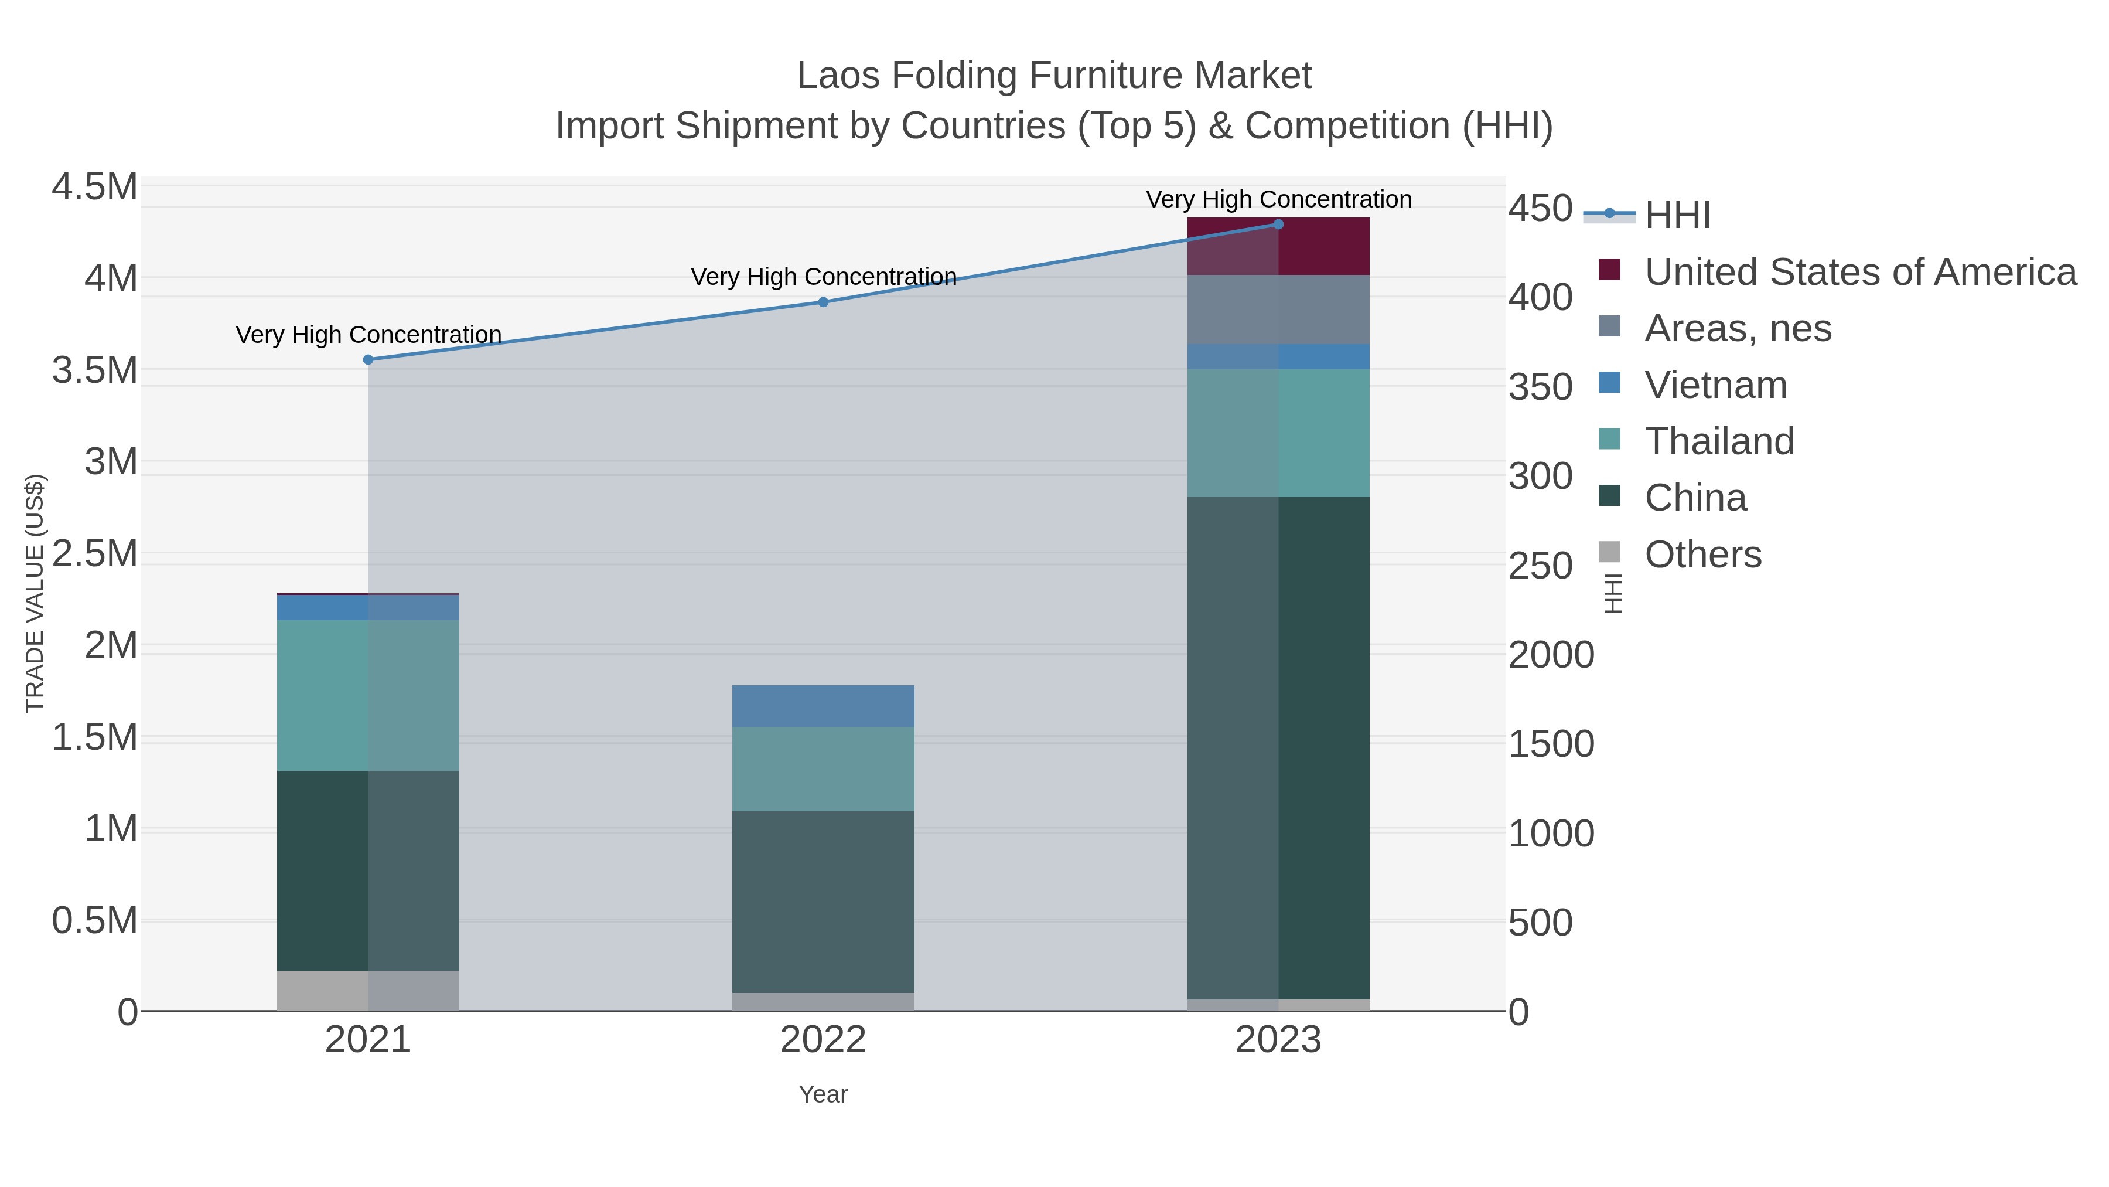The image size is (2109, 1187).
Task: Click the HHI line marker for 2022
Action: click(823, 302)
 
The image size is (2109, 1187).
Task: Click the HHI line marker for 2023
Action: click(1278, 225)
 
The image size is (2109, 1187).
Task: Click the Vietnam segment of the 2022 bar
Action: click(823, 706)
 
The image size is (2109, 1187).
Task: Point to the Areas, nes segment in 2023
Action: click(1278, 309)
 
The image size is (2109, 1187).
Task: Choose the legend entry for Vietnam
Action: click(1715, 385)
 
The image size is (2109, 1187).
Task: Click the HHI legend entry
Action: click(1677, 216)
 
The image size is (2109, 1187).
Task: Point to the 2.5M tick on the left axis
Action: click(95, 554)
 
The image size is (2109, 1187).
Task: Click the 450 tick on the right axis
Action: click(1540, 208)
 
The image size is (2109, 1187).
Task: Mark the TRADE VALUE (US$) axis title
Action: click(35, 593)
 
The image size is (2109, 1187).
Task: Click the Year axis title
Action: click(823, 1094)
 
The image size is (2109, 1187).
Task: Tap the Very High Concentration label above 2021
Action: click(368, 335)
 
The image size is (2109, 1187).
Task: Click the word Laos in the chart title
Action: click(838, 76)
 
